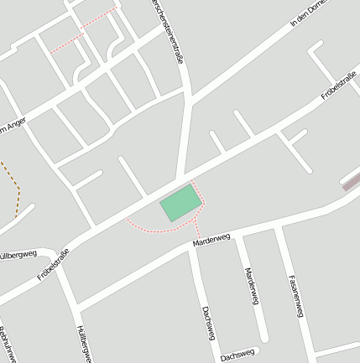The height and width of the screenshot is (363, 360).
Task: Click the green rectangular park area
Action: pos(181,203)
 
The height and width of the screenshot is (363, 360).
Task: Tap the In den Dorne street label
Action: pos(306,15)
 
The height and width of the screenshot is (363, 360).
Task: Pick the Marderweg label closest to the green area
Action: pos(211,240)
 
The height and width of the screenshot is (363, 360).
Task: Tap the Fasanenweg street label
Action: pos(295,295)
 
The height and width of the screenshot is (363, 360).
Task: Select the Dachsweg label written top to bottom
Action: pos(207,323)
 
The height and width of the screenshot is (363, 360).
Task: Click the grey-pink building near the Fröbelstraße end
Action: pos(350,182)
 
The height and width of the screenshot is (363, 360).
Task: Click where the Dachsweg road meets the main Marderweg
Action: pos(191,246)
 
